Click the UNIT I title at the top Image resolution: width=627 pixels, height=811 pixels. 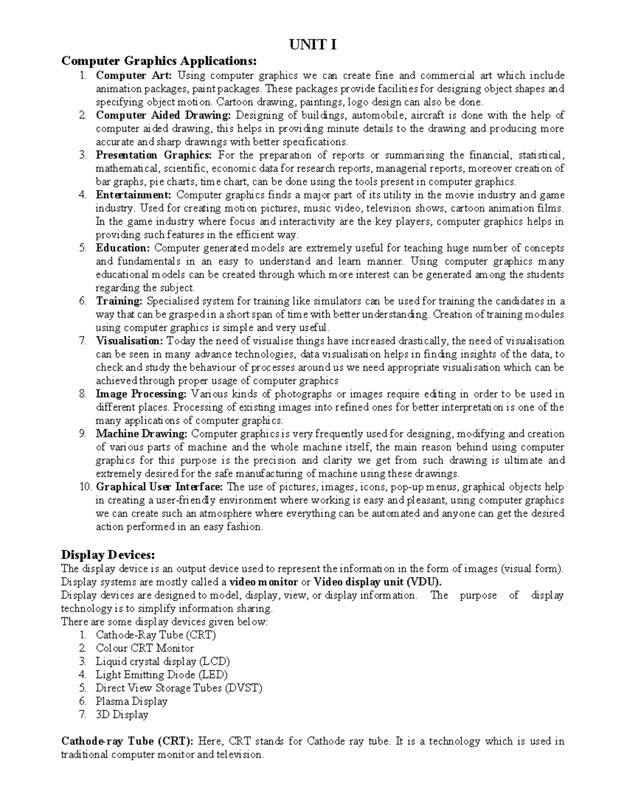tap(313, 45)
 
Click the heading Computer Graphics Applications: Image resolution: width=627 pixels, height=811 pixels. tap(159, 61)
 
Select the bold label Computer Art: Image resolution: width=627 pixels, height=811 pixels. tap(134, 76)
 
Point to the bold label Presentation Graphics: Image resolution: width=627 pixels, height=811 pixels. tap(154, 155)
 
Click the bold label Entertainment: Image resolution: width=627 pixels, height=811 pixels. tap(133, 195)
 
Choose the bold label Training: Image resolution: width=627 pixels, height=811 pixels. tap(119, 301)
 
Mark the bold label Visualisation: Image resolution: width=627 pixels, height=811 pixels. tap(129, 341)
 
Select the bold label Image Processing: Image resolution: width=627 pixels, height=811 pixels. tap(141, 394)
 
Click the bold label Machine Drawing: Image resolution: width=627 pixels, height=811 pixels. tap(141, 434)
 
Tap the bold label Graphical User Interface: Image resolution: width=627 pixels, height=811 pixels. tap(159, 487)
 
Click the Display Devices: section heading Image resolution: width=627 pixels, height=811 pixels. tap(108, 554)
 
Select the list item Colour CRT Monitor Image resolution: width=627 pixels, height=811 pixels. tap(144, 649)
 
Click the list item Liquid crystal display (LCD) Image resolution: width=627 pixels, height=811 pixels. tap(162, 662)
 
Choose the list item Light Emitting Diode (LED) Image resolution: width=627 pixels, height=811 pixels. tap(161, 675)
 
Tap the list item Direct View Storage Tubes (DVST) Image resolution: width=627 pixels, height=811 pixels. tap(179, 688)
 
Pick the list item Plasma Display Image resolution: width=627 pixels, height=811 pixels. tap(131, 701)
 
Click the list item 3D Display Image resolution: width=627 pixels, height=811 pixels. tap(122, 715)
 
